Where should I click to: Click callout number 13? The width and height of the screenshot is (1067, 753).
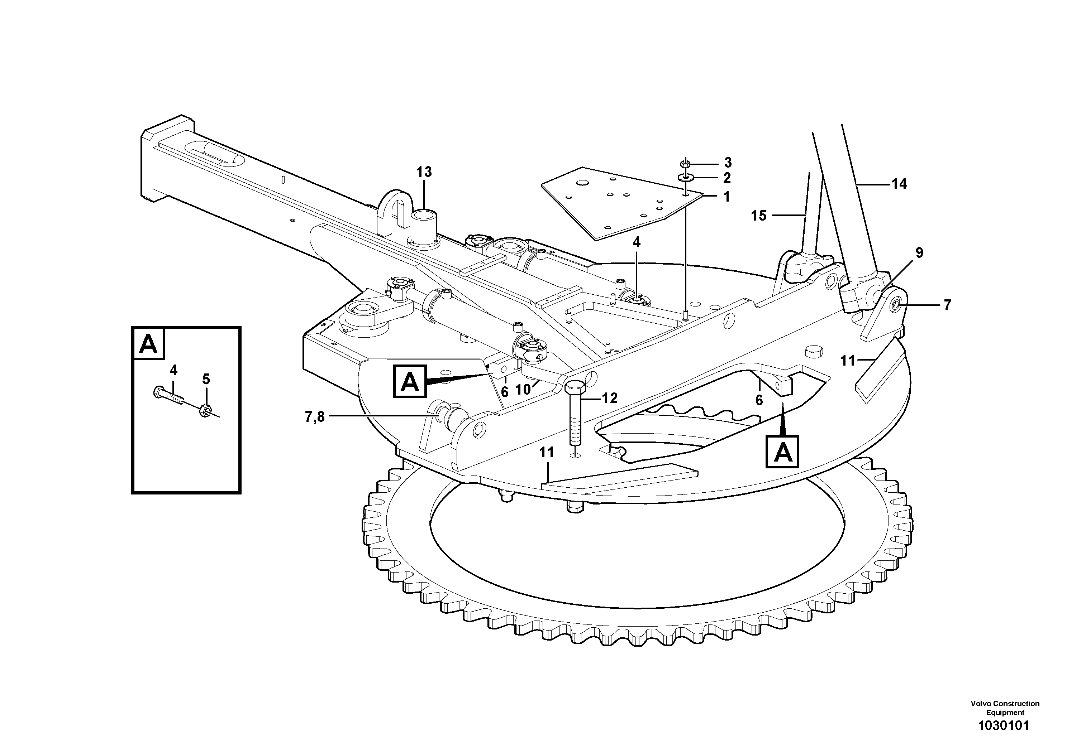[424, 172]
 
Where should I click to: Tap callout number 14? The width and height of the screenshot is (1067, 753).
[899, 184]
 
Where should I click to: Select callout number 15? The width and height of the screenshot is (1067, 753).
[759, 216]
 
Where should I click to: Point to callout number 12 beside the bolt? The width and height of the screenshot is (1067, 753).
[609, 398]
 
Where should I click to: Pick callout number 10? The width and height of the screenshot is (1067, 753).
[523, 390]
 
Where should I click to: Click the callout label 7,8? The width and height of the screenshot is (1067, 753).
[315, 418]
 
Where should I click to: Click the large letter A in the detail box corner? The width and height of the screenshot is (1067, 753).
[149, 344]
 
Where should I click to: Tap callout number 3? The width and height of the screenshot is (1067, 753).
[728, 163]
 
